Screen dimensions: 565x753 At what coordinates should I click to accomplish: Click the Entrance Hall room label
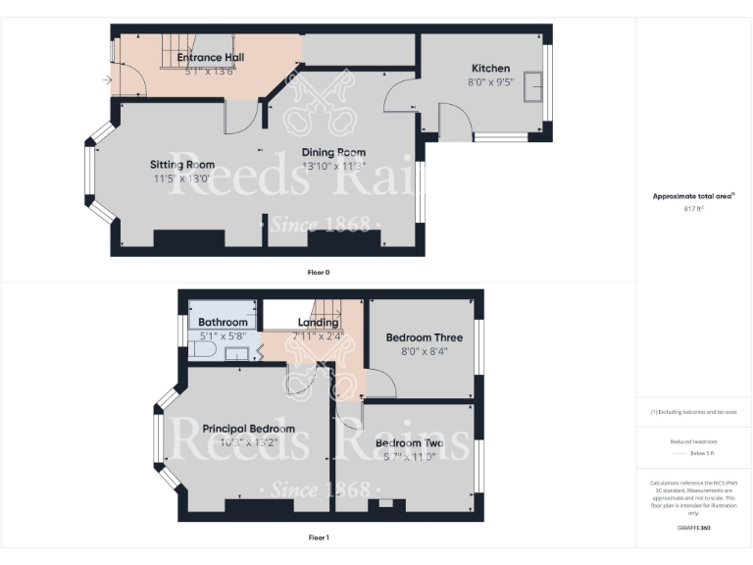pos(211,57)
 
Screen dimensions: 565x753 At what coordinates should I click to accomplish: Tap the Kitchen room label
pos(490,68)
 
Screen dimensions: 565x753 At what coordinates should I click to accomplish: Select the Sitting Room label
pos(182,165)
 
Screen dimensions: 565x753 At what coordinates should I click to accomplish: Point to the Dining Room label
pos(333,152)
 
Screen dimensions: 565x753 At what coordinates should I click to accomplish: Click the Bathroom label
pos(223,322)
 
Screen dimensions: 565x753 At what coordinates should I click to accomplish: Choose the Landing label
pos(318,322)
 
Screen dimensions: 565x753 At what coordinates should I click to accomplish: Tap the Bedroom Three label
pos(424,337)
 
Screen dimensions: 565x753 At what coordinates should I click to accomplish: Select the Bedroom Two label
pos(409,443)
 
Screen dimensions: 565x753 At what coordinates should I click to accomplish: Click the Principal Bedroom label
pos(248,429)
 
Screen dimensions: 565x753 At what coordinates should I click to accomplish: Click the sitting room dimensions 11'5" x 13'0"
pos(181,180)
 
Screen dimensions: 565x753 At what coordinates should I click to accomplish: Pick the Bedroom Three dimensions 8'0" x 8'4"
pos(424,352)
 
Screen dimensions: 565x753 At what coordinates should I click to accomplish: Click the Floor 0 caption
pos(319,272)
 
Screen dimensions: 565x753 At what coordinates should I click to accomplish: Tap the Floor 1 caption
pos(319,538)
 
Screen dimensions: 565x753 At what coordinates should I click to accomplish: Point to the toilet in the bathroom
pos(200,347)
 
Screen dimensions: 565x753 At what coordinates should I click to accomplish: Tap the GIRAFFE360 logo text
pos(693,528)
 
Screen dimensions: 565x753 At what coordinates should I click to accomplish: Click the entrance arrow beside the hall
pos(106,79)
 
